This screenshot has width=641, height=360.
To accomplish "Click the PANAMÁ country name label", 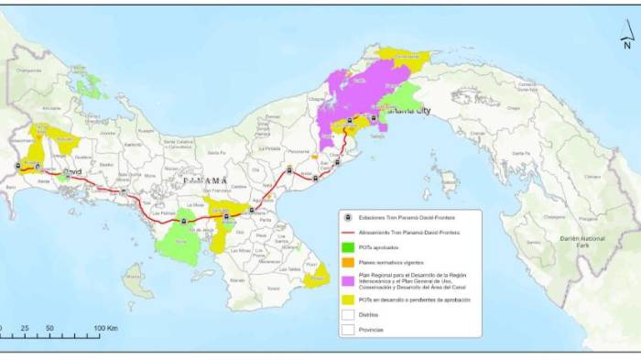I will coord(203,181).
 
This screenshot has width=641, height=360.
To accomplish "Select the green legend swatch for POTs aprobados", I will coord(349,246).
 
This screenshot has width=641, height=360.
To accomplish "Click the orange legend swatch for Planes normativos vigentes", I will coord(349,261).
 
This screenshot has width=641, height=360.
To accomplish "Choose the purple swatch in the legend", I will coord(349,279).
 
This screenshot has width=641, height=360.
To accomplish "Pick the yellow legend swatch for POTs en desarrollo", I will coord(349,299).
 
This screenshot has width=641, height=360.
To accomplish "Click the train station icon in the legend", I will coord(349,217).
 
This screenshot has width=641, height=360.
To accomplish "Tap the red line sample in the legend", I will coord(349,232).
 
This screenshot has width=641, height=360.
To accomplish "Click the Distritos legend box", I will coord(349,314).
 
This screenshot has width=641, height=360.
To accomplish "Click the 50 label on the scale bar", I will coord(49,327).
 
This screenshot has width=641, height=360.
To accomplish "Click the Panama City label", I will coord(411,111).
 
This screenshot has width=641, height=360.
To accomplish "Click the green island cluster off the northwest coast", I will coord(91,87).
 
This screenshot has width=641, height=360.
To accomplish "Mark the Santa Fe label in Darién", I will coord(521,153).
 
